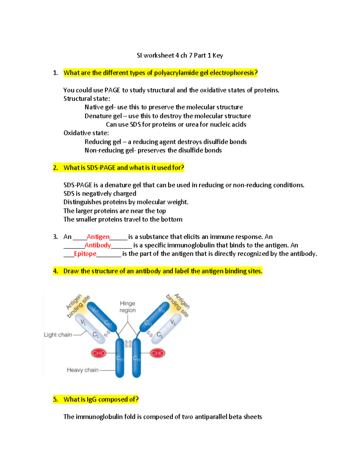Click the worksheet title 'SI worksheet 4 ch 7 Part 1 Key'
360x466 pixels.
(x=180, y=56)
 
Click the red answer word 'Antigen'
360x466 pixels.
(x=98, y=237)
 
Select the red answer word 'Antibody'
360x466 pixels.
(x=97, y=245)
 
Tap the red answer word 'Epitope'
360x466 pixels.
(x=85, y=254)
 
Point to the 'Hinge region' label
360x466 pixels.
(x=127, y=307)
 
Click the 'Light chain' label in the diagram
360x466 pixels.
(x=58, y=335)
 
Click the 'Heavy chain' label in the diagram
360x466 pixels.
(x=82, y=370)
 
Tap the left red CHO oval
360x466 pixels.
(x=99, y=353)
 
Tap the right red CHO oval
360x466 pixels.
(x=157, y=353)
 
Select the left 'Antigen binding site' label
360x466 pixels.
(x=78, y=306)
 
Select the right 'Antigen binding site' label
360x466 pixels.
(x=178, y=305)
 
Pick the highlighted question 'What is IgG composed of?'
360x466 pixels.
(x=101, y=399)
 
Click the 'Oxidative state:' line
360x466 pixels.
(x=86, y=133)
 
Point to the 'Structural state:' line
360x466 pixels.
(x=87, y=99)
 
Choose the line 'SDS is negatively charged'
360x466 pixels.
(x=100, y=194)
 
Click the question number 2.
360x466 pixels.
(x=55, y=168)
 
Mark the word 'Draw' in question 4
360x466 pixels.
(x=71, y=271)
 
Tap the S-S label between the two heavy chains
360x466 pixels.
(x=128, y=344)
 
